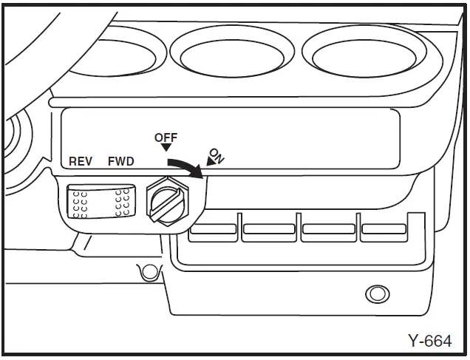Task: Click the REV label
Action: pos(81,161)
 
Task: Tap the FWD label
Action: pos(121,161)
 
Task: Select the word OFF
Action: pos(166,137)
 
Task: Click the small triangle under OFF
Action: pos(165,149)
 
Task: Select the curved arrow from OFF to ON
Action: pos(185,167)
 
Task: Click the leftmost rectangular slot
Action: pos(211,228)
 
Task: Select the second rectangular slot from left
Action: pos(268,228)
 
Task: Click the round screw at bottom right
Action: pos(378,293)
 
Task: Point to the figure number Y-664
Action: pos(429,341)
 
